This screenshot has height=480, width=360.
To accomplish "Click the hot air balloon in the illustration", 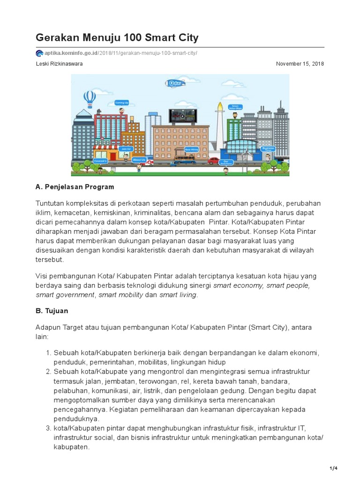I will pos(89,98).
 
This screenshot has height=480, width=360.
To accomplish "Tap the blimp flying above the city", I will pos(176,83).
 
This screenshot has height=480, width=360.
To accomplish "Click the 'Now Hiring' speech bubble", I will pos(192,149).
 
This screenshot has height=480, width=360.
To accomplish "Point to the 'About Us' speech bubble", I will pos(139,160).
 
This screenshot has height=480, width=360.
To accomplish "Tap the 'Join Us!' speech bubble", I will pos(126,149).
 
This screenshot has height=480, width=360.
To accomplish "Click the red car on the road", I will pos(213,161).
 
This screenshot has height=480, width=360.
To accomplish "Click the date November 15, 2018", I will pos(300,64).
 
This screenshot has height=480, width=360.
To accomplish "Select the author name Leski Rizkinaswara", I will pos(59,64).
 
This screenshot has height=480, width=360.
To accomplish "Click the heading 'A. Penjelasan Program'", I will pos(75,187).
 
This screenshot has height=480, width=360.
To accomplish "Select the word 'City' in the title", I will pos(185,37).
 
